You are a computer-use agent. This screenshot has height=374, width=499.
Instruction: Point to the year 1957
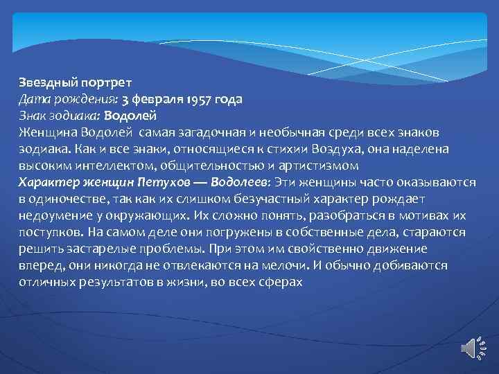[201, 98]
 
